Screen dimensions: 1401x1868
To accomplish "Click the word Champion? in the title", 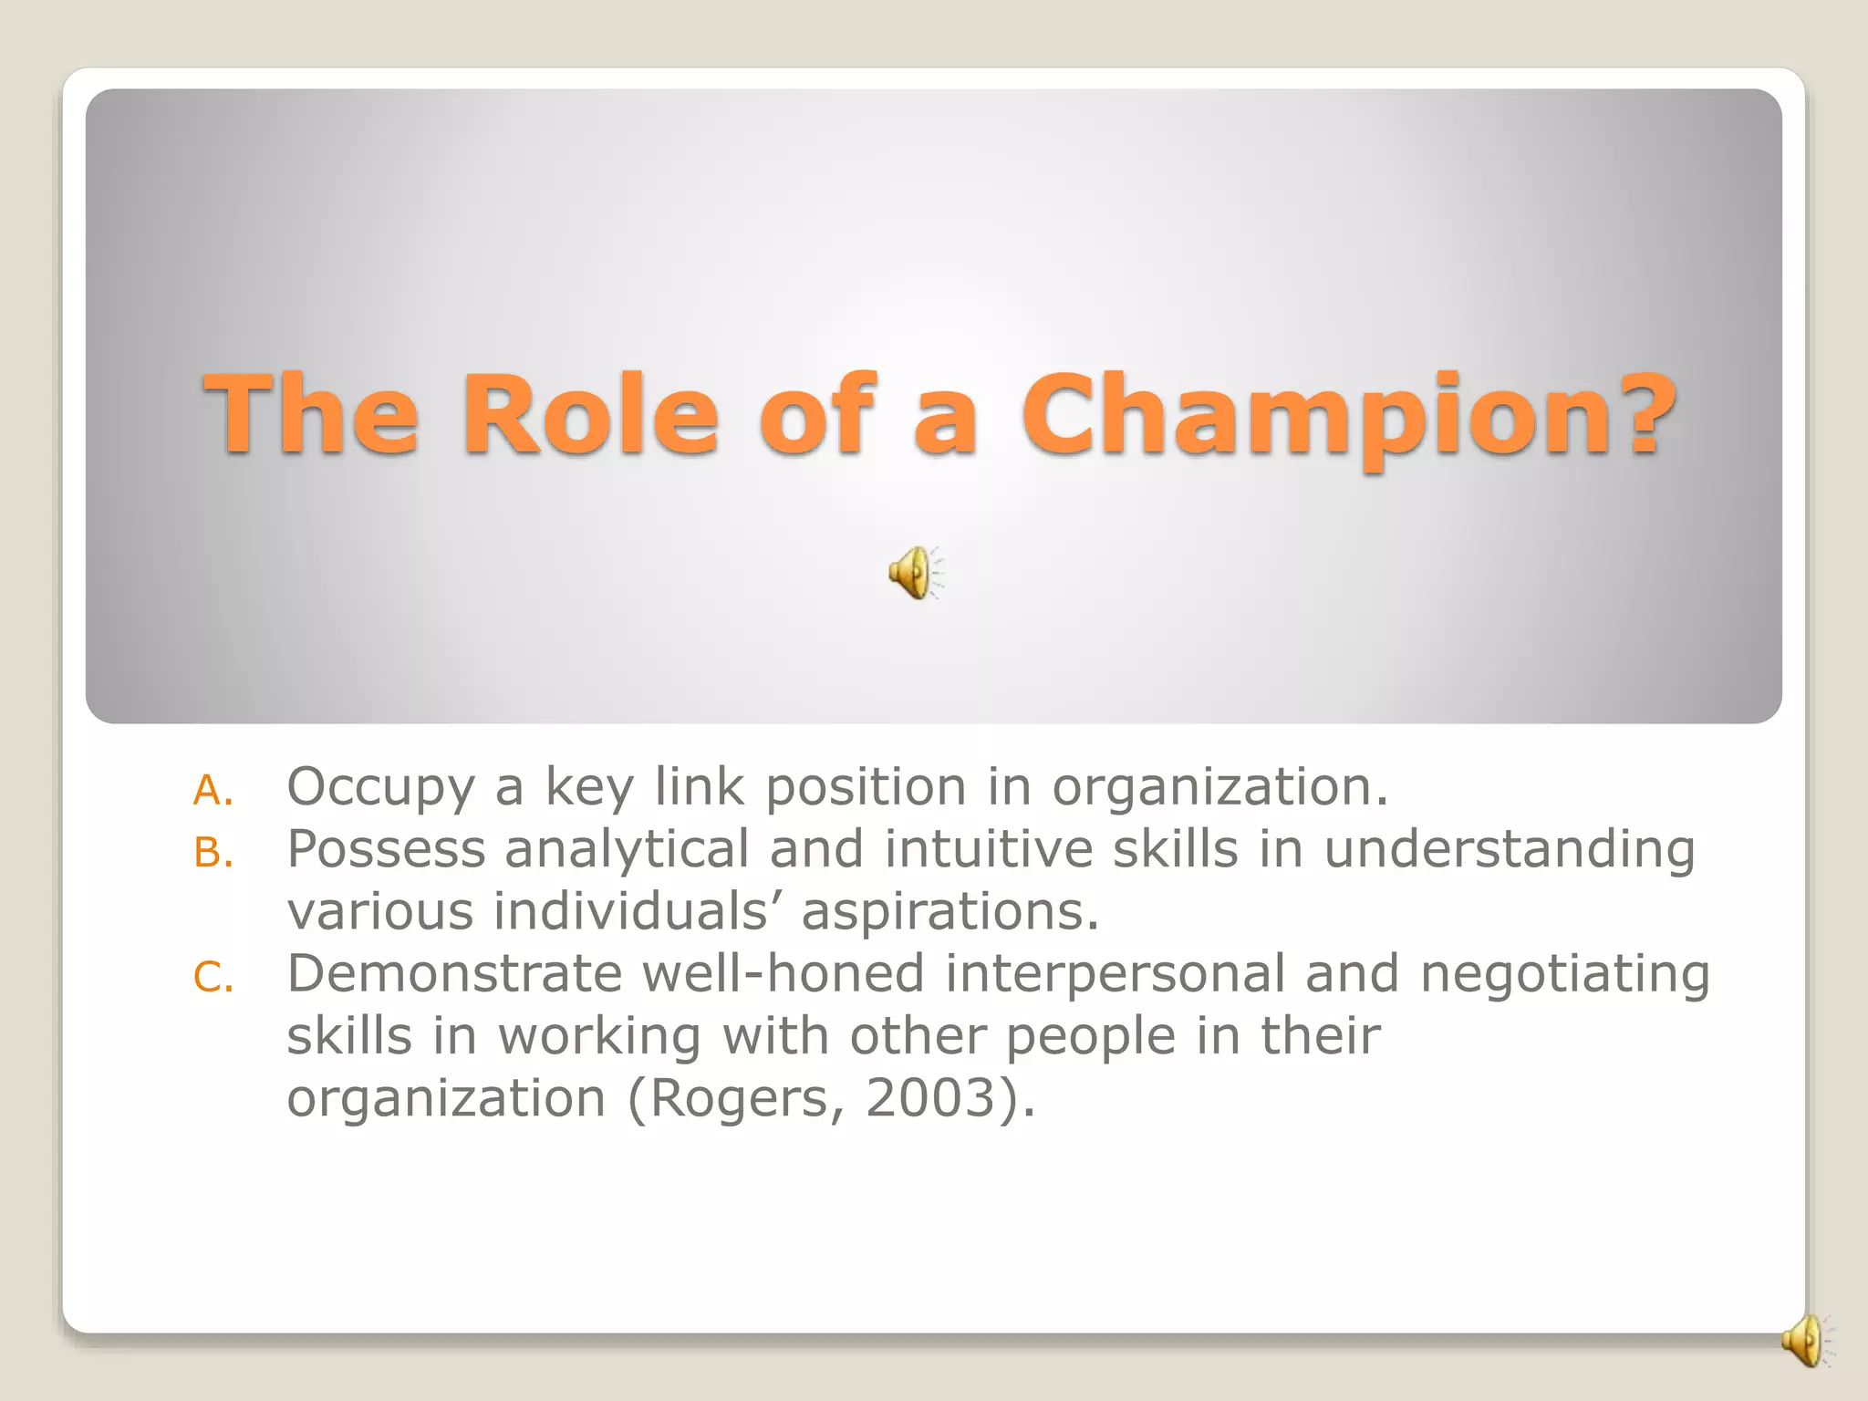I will (x=1348, y=416).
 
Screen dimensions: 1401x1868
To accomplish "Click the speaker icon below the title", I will (x=915, y=573).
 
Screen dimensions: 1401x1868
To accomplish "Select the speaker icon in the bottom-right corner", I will (x=1804, y=1341).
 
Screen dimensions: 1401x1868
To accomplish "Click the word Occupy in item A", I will (x=380, y=788).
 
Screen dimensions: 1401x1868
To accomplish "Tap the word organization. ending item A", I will (x=1219, y=788).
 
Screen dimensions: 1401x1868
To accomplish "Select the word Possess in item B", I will (x=386, y=849).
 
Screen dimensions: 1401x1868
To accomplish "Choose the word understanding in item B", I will (x=1509, y=849).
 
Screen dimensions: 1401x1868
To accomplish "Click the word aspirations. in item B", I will (x=950, y=911).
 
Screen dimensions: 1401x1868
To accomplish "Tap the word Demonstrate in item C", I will (x=454, y=973).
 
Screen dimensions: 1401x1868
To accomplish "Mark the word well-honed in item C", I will (x=784, y=973).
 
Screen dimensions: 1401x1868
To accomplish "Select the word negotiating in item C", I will (x=1564, y=975).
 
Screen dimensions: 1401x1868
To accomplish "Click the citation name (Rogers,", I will (x=735, y=1098).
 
